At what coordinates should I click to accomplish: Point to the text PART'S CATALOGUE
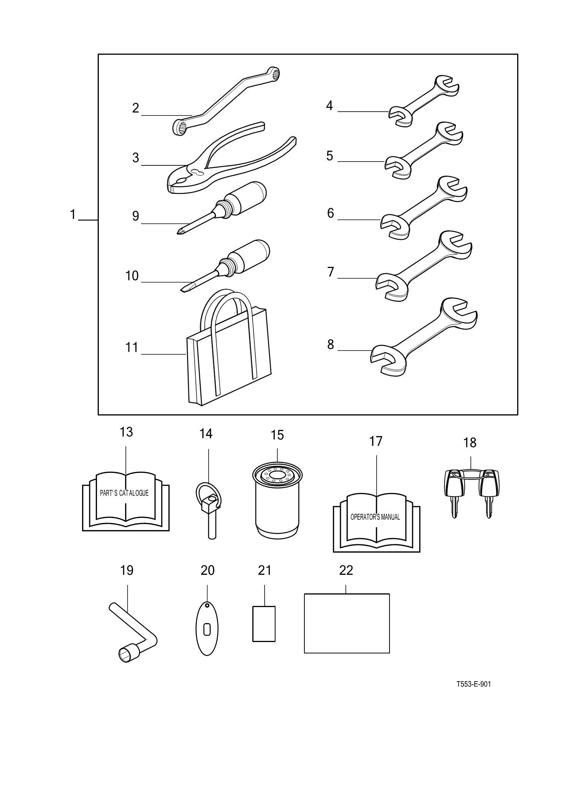tap(124, 493)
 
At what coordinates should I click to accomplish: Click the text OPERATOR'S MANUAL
tap(375, 517)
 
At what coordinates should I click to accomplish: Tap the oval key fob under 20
tap(207, 629)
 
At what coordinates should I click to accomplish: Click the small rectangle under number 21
tap(264, 624)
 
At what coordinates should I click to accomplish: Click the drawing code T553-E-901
tap(473, 684)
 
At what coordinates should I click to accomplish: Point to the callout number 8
tap(331, 344)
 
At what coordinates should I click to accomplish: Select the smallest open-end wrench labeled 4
tap(423, 101)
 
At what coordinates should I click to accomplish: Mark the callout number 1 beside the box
tap(73, 215)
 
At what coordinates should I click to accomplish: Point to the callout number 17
tap(376, 441)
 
